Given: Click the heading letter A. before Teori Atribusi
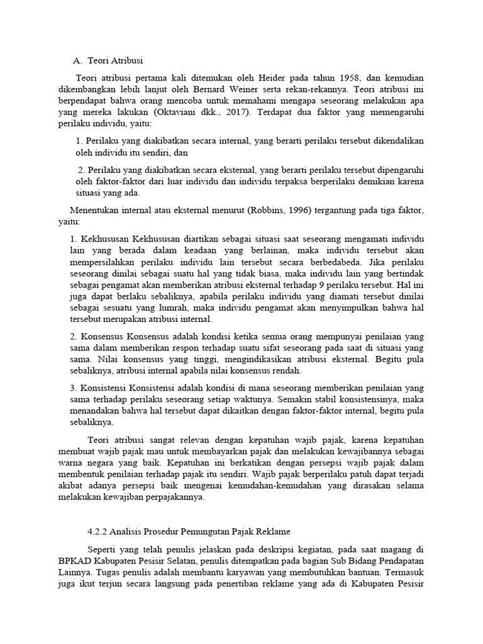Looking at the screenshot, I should [78, 61].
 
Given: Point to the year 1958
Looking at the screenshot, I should [350, 78].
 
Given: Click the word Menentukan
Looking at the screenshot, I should [92, 210].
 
